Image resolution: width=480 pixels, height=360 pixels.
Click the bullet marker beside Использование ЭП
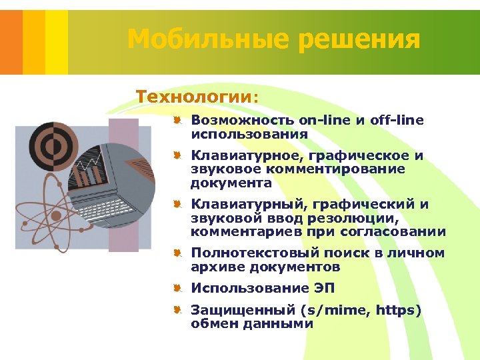pos(178,288)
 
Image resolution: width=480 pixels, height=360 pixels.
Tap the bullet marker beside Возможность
pos(178,121)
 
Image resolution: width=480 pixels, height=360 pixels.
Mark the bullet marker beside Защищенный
pos(178,310)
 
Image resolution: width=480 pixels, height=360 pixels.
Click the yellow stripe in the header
pos(56,37)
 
